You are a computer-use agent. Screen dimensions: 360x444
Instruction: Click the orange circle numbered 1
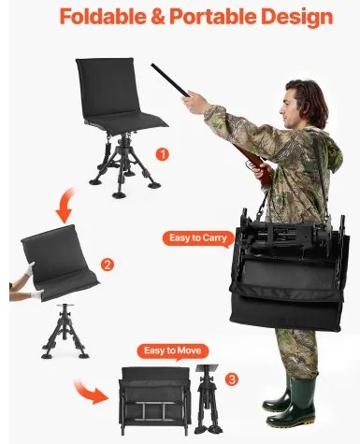162,154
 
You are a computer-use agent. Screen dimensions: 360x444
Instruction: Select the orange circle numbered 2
108,265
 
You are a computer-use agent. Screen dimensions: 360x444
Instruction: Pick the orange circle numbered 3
231,380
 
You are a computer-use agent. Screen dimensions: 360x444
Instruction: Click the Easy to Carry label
198,238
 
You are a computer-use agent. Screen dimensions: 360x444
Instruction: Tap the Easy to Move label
172,351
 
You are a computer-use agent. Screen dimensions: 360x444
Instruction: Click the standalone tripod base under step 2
65,332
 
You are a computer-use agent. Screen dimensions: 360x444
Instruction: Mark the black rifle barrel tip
152,65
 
